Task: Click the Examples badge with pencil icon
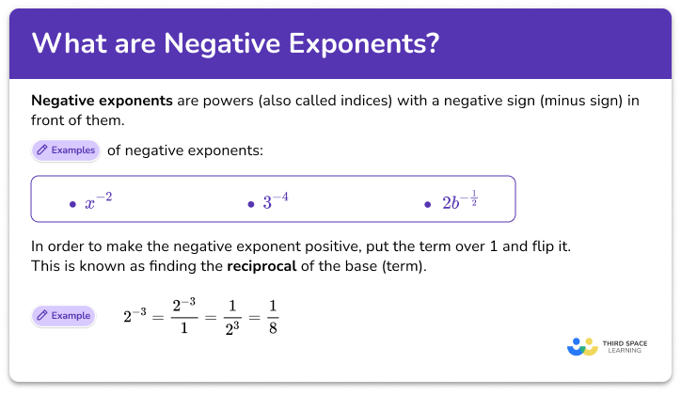click(65, 150)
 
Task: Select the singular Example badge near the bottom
click(62, 315)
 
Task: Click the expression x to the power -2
click(98, 200)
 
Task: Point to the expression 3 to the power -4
click(275, 200)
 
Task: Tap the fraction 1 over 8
click(271, 316)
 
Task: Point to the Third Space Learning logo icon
click(582, 346)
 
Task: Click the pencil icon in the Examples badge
click(42, 150)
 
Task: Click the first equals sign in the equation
click(156, 317)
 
